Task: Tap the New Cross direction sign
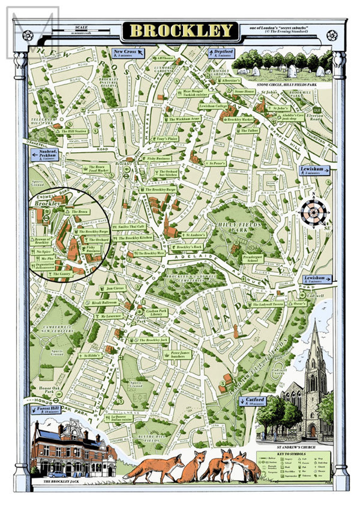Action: [x=128, y=53]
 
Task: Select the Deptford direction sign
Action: [x=221, y=53]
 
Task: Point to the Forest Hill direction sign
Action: [x=46, y=410]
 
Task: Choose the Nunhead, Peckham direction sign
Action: [x=45, y=155]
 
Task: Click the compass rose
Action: [x=313, y=211]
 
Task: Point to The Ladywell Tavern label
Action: [x=266, y=305]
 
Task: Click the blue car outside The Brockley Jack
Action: [x=57, y=474]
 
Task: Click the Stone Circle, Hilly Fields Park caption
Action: [x=282, y=85]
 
